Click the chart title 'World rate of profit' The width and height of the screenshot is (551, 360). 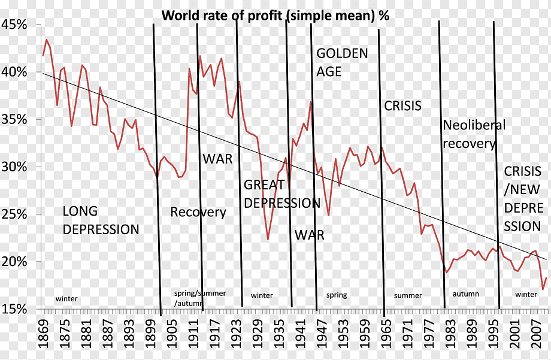point(275,16)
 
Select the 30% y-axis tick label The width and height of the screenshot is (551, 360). point(15,167)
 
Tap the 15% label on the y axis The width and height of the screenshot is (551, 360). point(15,309)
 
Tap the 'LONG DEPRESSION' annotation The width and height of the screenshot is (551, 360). point(101,220)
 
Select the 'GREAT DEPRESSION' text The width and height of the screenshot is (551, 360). point(281,194)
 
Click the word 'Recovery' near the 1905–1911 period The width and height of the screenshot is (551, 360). point(198,212)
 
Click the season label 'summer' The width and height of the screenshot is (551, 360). point(408,295)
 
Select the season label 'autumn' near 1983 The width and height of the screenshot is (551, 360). point(465,294)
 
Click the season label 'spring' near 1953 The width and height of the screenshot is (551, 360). point(337,295)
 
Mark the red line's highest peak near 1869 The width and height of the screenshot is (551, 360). point(47,40)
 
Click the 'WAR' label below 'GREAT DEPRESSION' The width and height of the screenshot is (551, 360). point(310,235)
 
